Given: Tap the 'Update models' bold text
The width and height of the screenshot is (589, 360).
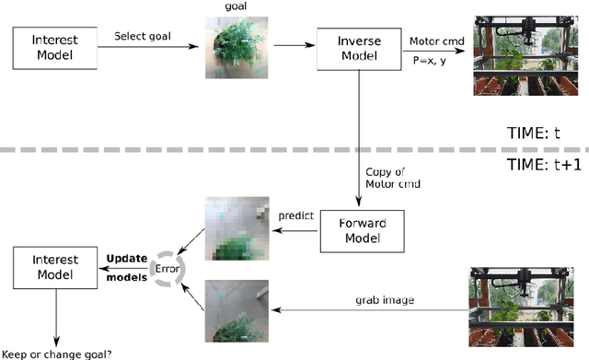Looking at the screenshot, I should coord(124,268).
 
